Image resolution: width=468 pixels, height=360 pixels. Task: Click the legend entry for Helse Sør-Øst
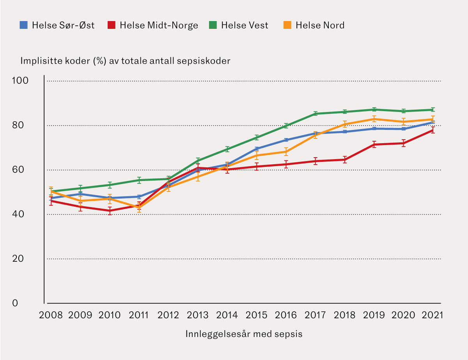point(57,25)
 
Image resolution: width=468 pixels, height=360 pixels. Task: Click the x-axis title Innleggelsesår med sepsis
point(244,334)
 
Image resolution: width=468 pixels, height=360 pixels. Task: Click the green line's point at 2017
point(315,113)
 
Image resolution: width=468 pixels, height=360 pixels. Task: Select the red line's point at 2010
point(110,211)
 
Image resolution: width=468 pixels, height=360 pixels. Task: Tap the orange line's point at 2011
point(139,207)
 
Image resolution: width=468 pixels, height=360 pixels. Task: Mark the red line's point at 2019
point(374,144)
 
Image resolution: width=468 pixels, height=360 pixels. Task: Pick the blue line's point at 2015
point(257,149)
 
